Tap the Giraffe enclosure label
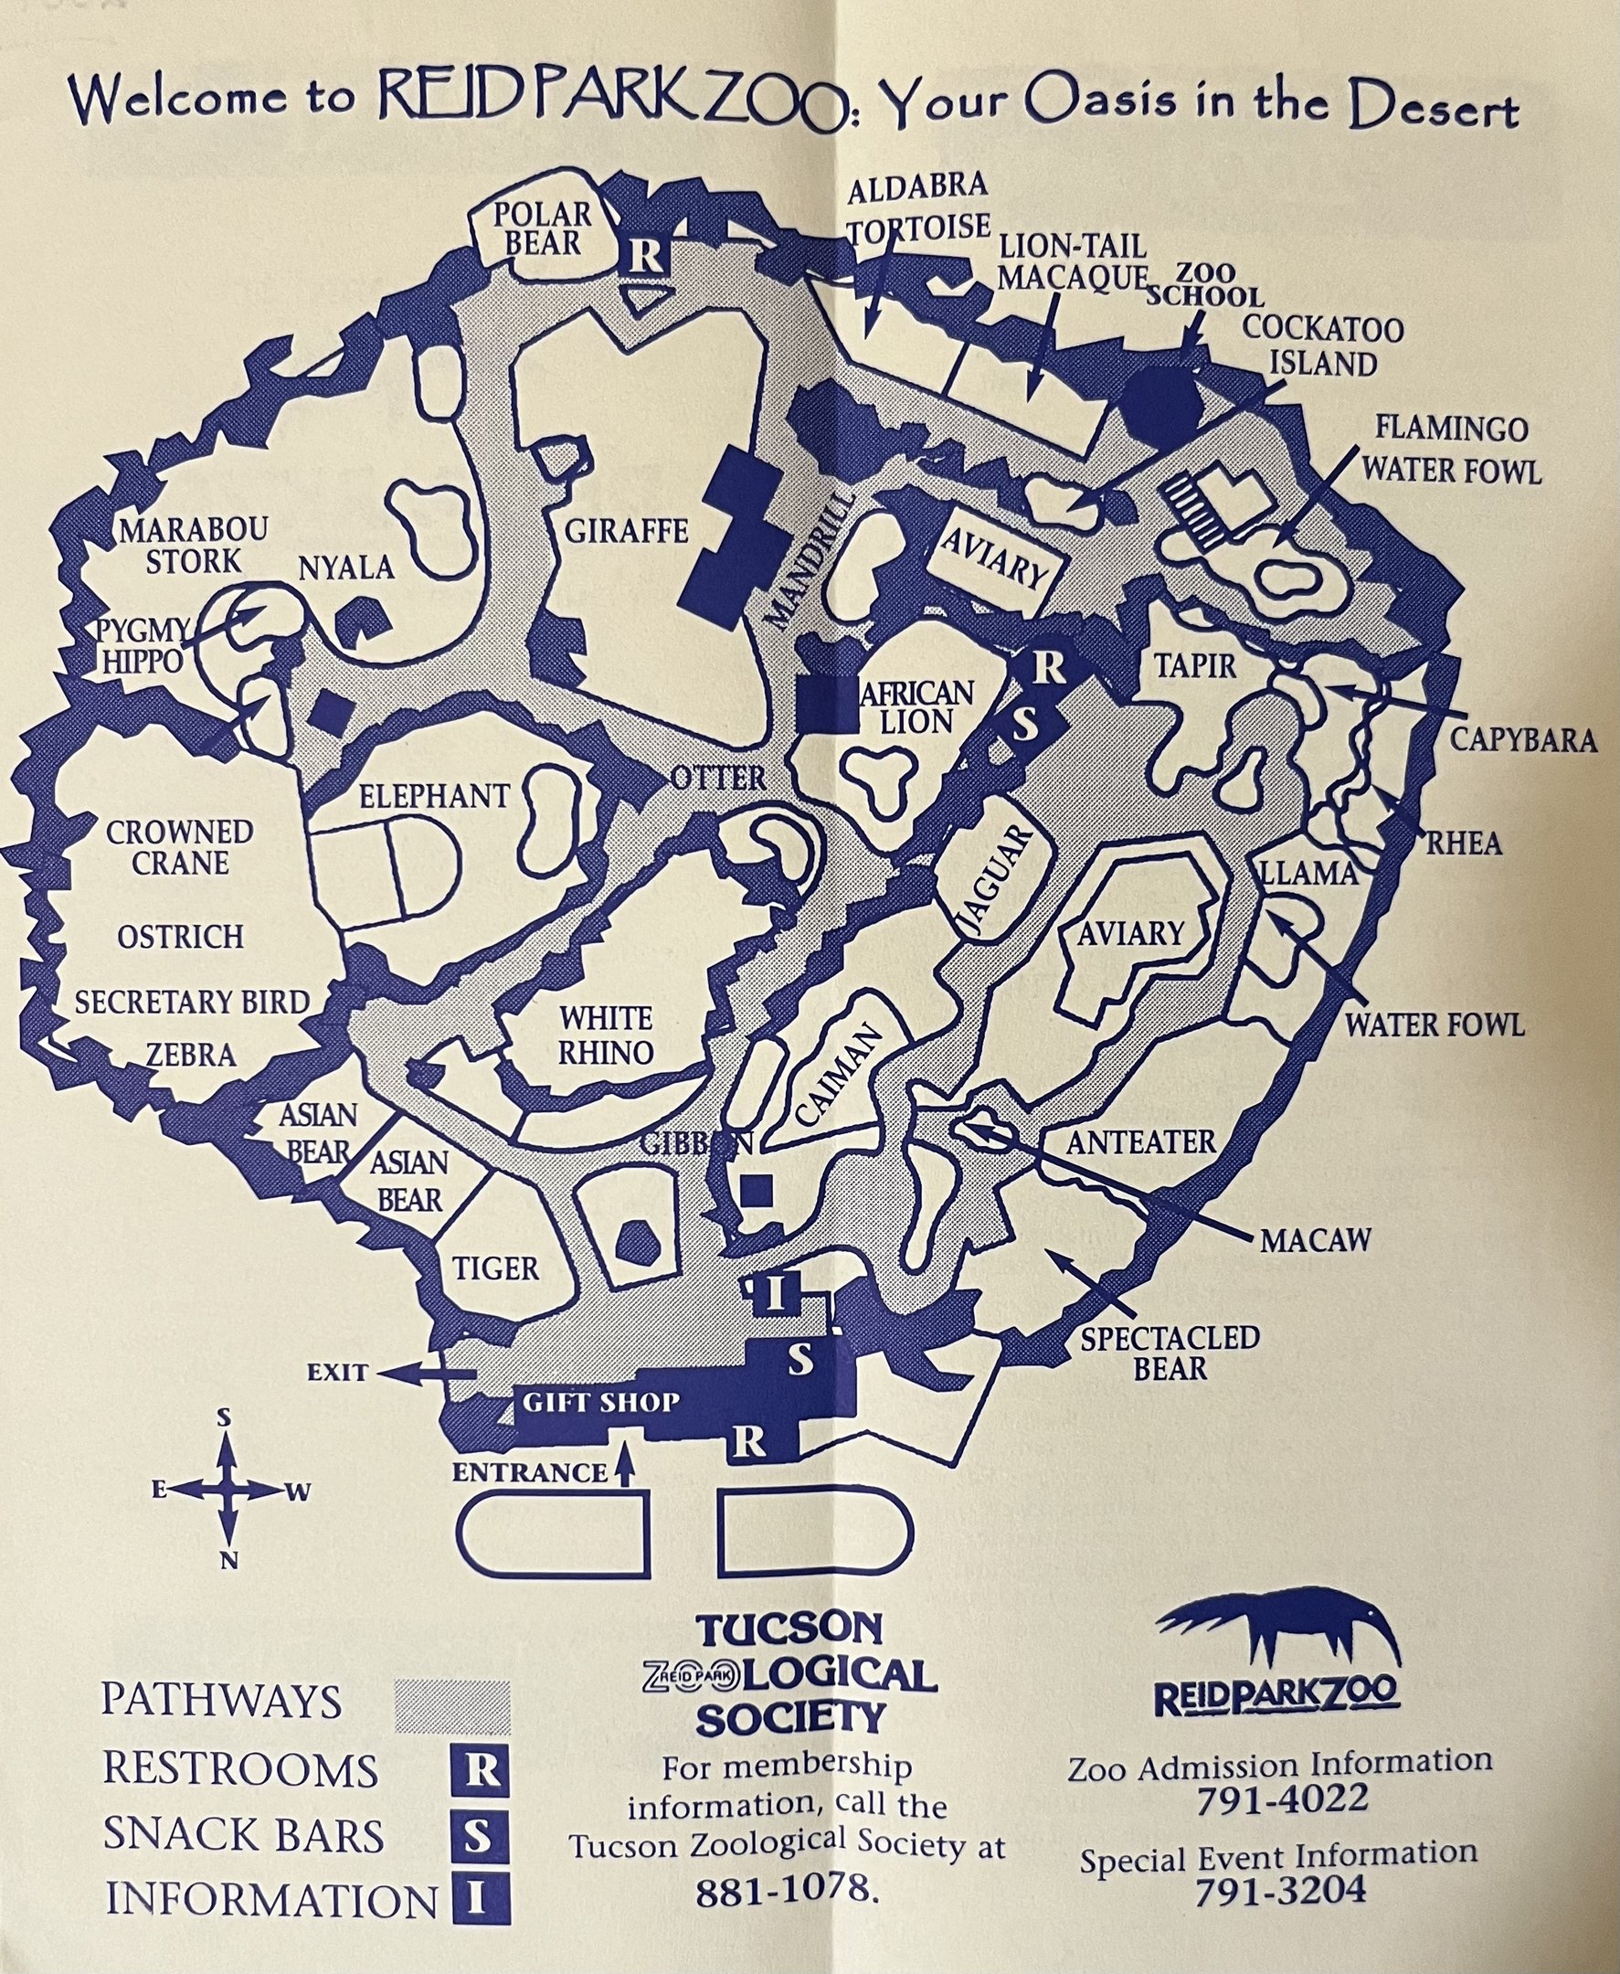click(626, 532)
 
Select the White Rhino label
click(605, 1035)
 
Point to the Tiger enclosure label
click(495, 1268)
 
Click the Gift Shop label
click(600, 1402)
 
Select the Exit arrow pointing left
click(429, 1373)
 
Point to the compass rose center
click(227, 1491)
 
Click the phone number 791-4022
click(1281, 1798)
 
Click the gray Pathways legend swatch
click(452, 1706)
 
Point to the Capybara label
click(1521, 739)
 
